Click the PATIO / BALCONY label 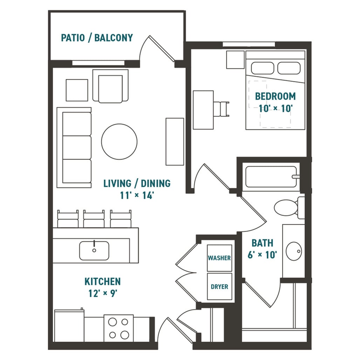97,38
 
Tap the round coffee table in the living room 119,142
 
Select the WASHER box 220,258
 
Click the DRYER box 220,286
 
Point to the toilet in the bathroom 289,208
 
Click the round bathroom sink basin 294,251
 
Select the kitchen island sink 94,250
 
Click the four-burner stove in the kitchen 118,328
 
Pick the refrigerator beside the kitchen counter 69,326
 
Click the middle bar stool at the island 94,219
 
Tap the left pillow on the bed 262,68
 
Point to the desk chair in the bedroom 222,109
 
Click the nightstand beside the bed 235,60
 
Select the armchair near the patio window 110,86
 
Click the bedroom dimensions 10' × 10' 276,108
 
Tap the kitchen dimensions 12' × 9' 103,293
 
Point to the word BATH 262,243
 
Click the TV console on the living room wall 175,141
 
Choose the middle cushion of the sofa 77,147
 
